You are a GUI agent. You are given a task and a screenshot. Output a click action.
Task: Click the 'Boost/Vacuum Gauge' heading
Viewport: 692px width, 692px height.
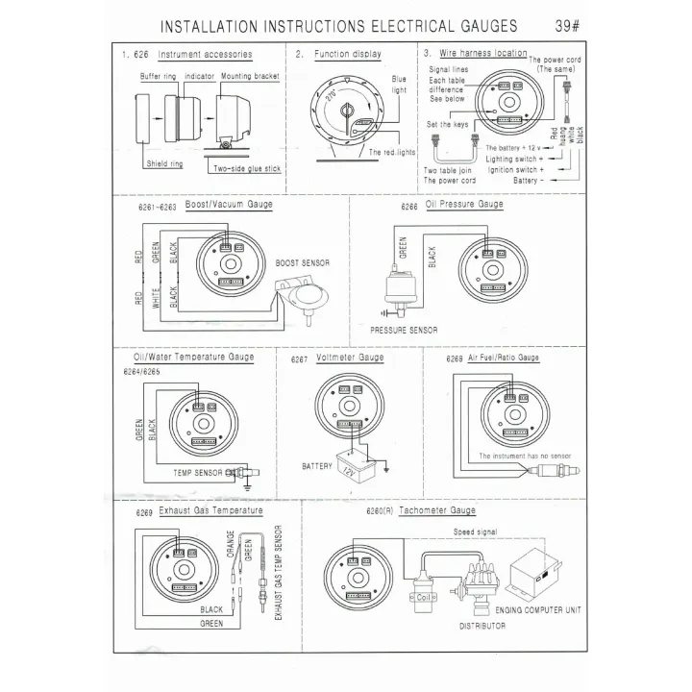coord(228,205)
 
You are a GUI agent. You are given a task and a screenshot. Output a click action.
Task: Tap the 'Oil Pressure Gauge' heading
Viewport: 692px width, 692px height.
coord(464,205)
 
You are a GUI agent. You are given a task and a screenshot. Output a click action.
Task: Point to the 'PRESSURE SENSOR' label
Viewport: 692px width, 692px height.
coord(404,330)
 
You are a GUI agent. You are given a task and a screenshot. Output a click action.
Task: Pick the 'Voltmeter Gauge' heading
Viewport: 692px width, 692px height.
coord(350,358)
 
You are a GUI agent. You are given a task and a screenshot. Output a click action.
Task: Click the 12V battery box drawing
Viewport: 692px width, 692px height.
coord(352,465)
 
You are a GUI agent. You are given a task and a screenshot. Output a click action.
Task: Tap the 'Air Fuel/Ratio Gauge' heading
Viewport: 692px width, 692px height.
coord(504,358)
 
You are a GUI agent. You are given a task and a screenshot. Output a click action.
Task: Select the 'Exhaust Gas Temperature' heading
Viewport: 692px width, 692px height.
coord(210,510)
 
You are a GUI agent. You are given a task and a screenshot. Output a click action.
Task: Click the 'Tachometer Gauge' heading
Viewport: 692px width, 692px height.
coord(436,511)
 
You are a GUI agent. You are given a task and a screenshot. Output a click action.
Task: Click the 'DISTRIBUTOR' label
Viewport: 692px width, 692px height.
coord(482,626)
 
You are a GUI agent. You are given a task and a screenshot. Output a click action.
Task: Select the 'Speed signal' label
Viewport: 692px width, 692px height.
coord(476,531)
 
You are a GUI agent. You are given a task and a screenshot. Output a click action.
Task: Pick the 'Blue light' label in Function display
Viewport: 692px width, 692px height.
coord(399,86)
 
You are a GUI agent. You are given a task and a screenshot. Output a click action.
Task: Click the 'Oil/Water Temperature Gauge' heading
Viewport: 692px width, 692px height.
coord(187,357)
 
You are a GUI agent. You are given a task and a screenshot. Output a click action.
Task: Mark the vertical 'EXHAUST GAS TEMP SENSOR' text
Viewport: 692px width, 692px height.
coord(277,572)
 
